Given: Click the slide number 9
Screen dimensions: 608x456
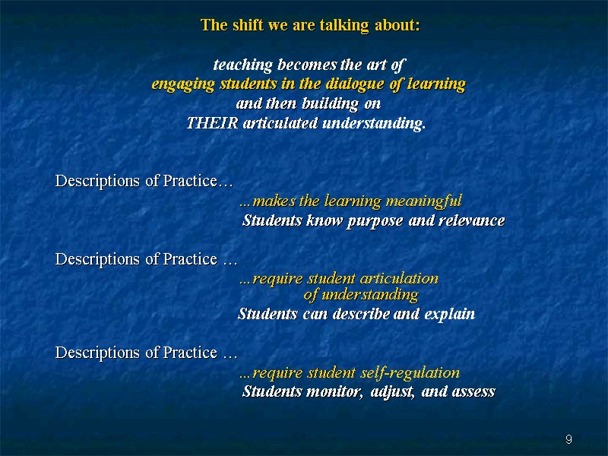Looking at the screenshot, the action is tap(568, 439).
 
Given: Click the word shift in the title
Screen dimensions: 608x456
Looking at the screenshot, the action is tap(248, 25).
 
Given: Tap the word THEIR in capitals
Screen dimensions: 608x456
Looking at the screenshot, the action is tap(212, 123).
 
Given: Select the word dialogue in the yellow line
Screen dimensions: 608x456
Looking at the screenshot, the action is tap(355, 84).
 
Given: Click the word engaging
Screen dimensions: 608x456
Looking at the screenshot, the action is tap(182, 84).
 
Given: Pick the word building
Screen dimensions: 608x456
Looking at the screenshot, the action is tap(330, 104).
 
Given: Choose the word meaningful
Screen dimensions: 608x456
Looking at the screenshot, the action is tap(423, 201).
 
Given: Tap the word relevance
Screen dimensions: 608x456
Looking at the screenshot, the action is tap(471, 221).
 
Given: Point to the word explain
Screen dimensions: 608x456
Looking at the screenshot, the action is tap(449, 314).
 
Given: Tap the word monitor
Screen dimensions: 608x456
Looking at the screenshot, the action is tap(334, 392).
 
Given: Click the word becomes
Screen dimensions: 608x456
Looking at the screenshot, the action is tap(307, 65).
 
